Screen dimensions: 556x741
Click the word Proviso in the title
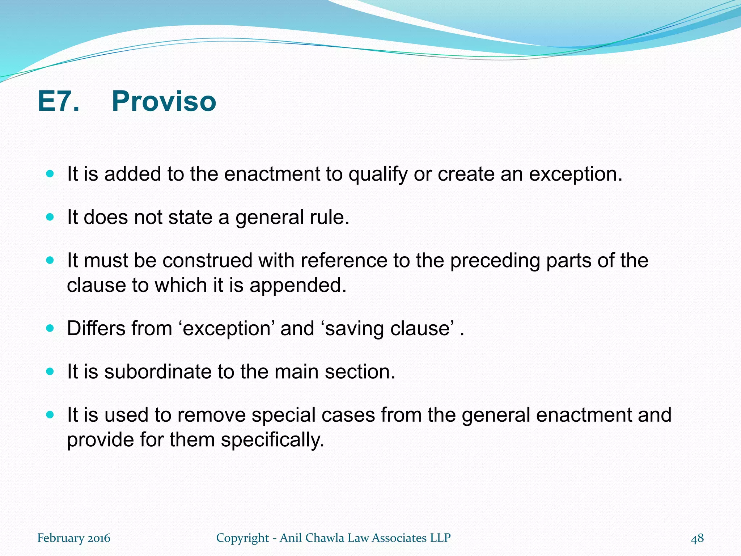click(x=164, y=101)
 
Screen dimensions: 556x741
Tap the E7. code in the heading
click(x=58, y=101)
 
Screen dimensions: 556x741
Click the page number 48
click(x=697, y=538)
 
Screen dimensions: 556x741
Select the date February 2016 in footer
click(x=74, y=538)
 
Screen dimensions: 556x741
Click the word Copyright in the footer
click(x=242, y=538)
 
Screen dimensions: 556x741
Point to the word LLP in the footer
click(x=440, y=538)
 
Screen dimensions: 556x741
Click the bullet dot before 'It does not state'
click(x=50, y=217)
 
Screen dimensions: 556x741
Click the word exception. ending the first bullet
click(x=576, y=174)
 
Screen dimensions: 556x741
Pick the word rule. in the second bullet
click(x=330, y=218)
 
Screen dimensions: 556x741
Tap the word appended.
click(x=298, y=286)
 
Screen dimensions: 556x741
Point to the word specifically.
click(x=272, y=440)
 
